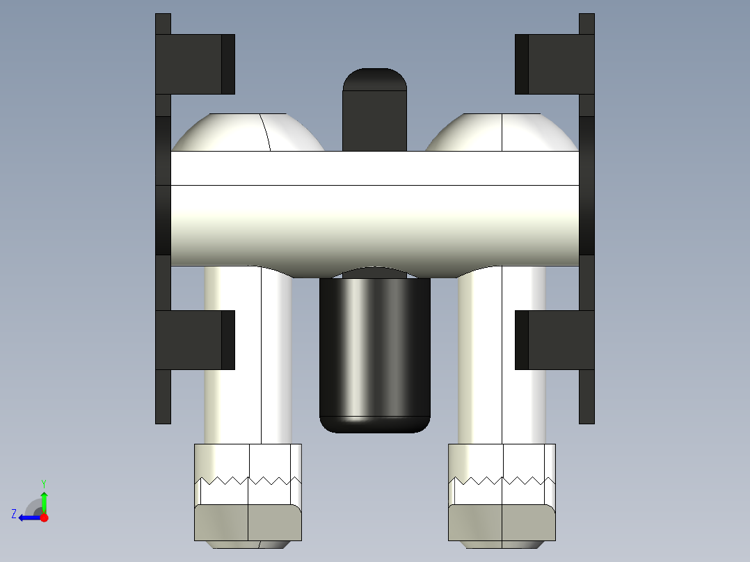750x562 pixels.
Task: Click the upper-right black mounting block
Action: (555, 64)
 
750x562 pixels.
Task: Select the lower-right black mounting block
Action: (555, 340)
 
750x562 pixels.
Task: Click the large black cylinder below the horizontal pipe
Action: (374, 355)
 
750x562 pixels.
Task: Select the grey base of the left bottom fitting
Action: (248, 522)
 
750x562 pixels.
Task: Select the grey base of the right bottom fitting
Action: (502, 522)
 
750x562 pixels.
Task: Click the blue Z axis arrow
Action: (28, 517)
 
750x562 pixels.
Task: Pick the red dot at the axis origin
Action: (44, 517)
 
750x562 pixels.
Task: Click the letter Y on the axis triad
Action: (43, 483)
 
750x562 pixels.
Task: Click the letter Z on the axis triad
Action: (14, 514)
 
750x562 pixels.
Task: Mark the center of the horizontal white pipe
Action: (374, 209)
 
